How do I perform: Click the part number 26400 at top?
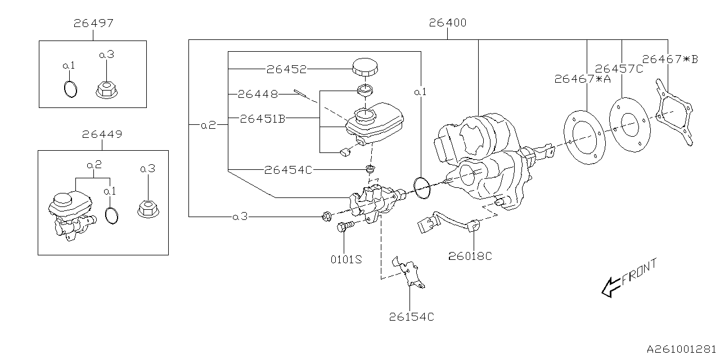(x=447, y=23)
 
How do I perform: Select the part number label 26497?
(x=93, y=23)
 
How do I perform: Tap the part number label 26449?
(x=102, y=134)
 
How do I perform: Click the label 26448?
(x=258, y=94)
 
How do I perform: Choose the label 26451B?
(x=263, y=119)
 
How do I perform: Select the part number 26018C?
(x=470, y=256)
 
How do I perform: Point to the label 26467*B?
(x=669, y=59)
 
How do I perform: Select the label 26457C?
(x=619, y=69)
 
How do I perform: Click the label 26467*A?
(x=582, y=79)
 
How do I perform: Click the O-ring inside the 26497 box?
(x=69, y=88)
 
